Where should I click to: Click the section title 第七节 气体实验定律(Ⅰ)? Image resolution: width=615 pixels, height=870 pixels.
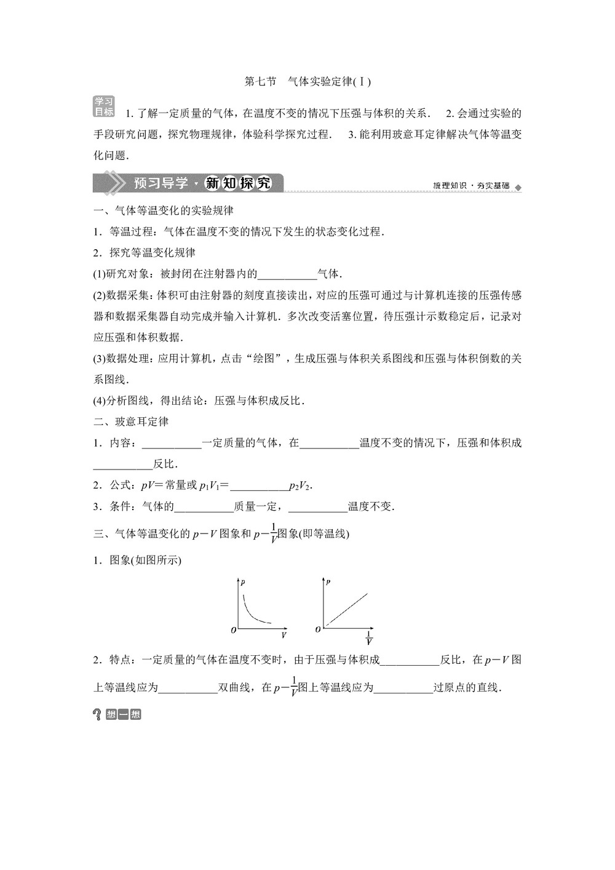[307, 81]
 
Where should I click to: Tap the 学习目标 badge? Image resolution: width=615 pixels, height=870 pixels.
[104, 106]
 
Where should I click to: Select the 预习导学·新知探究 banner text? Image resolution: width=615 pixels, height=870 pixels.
[202, 183]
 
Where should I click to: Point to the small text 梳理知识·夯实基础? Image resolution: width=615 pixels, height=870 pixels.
[471, 186]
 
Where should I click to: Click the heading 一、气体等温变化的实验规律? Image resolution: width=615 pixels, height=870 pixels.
[164, 210]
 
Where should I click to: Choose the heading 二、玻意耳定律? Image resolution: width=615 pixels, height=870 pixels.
[131, 421]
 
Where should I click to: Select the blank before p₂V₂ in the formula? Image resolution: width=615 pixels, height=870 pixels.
[259, 486]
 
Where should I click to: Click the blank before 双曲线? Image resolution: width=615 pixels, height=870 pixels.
[188, 688]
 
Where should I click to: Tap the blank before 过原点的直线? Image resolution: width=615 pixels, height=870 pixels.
[403, 688]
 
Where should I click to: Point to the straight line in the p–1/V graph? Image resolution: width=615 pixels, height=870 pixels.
[347, 609]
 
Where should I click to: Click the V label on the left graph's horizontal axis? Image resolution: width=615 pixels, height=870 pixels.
[284, 634]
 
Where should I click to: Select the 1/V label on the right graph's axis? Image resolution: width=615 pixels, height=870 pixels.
[369, 638]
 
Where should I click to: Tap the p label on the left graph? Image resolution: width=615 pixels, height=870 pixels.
[244, 581]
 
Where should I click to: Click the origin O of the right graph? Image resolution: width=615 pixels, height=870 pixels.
[318, 629]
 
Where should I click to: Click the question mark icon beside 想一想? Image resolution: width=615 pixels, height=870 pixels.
[97, 714]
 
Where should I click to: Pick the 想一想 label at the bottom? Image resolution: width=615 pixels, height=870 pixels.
[123, 714]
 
